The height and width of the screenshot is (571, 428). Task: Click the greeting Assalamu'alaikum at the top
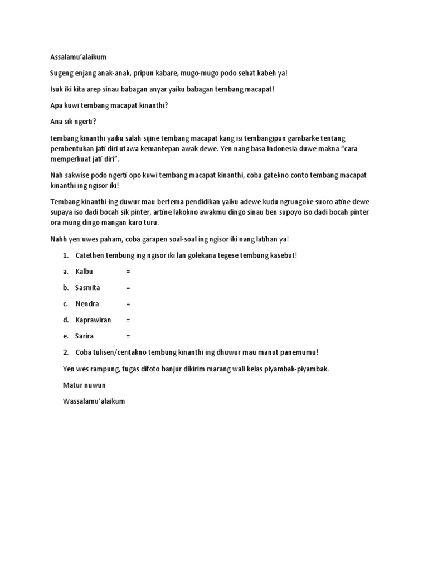click(x=78, y=57)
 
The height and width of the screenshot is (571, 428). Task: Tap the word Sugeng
click(x=62, y=73)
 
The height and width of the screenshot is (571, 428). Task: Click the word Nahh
click(x=58, y=239)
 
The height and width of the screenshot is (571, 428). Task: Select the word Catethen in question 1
click(x=90, y=255)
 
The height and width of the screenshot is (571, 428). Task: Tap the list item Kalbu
click(x=84, y=272)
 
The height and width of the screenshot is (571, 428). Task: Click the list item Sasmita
click(x=87, y=288)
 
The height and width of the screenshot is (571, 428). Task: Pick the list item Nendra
click(x=87, y=304)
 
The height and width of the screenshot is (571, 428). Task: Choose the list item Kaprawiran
click(x=94, y=320)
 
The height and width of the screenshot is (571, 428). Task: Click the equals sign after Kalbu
click(x=128, y=272)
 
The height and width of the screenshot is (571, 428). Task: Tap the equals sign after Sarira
click(x=128, y=336)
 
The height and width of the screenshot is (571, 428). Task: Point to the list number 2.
click(x=66, y=352)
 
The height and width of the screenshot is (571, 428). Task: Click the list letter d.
click(x=66, y=320)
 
